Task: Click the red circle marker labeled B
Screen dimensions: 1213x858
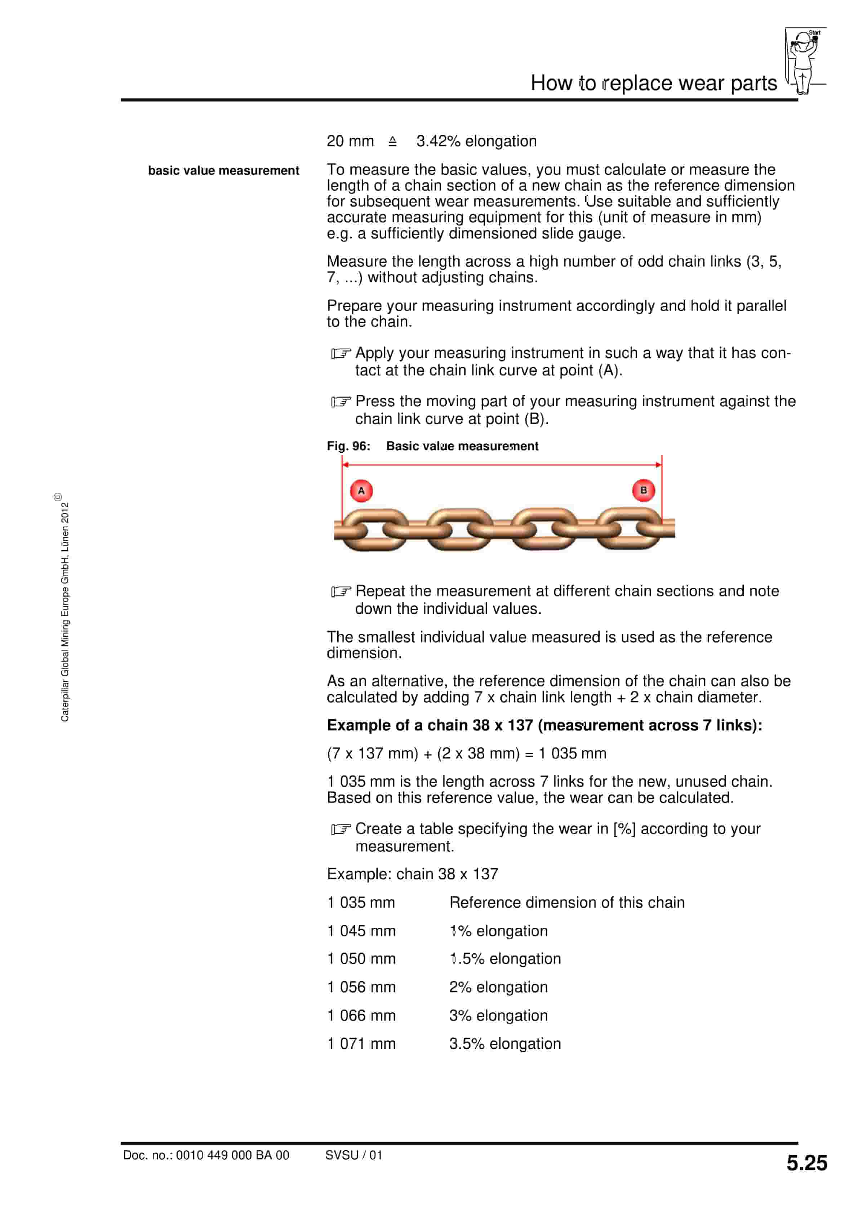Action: coord(643,490)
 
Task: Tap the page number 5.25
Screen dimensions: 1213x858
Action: coord(806,1163)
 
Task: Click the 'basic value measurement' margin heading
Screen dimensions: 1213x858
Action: coord(224,171)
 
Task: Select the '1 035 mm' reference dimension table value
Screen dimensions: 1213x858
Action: coord(361,902)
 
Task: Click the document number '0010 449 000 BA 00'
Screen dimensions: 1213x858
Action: coord(232,1155)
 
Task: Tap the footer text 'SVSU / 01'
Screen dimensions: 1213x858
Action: coord(353,1155)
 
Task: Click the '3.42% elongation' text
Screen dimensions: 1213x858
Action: coord(476,141)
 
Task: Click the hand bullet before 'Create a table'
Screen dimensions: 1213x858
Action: coord(341,829)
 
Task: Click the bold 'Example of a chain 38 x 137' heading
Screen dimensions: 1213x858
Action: coord(544,725)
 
